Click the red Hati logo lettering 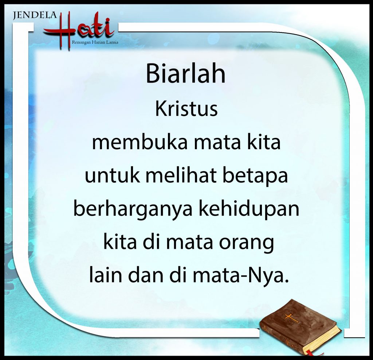pyautogui.click(x=79, y=31)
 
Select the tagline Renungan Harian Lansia pyautogui.click(x=95, y=43)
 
